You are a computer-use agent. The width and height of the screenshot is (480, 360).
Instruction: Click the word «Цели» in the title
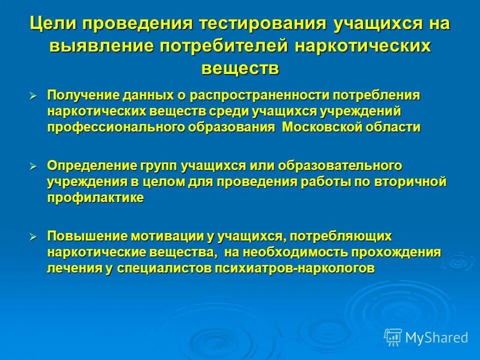tap(52, 23)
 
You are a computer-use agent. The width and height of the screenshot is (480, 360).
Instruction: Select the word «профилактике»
tap(95, 198)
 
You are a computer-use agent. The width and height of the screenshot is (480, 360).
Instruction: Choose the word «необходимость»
tap(289, 252)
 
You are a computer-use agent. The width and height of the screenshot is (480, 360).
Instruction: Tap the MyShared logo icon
tap(393, 337)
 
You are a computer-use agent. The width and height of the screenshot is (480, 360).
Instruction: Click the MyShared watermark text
tap(436, 338)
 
